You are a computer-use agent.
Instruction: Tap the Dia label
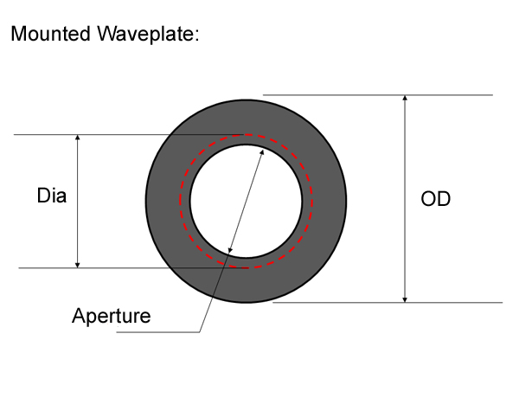tap(51, 196)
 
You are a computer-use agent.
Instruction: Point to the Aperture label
tap(111, 316)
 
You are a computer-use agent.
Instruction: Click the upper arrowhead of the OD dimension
tap(405, 99)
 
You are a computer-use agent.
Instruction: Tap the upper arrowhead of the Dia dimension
tap(77, 138)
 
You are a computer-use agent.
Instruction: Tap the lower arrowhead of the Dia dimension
tap(77, 264)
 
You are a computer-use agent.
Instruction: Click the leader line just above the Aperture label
tap(206, 316)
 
